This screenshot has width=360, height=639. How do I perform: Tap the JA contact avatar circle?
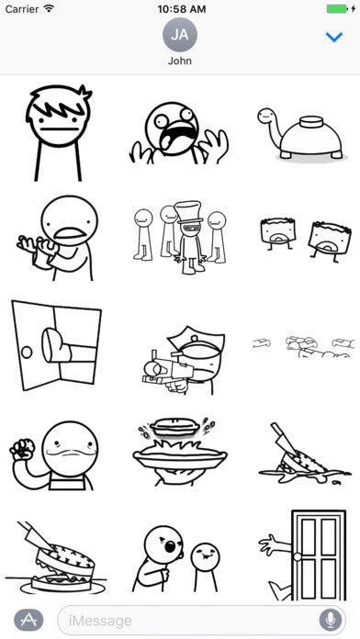(180, 36)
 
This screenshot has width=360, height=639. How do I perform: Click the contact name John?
(180, 62)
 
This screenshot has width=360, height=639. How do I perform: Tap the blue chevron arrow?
(334, 37)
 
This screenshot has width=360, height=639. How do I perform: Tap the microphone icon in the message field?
(327, 620)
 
